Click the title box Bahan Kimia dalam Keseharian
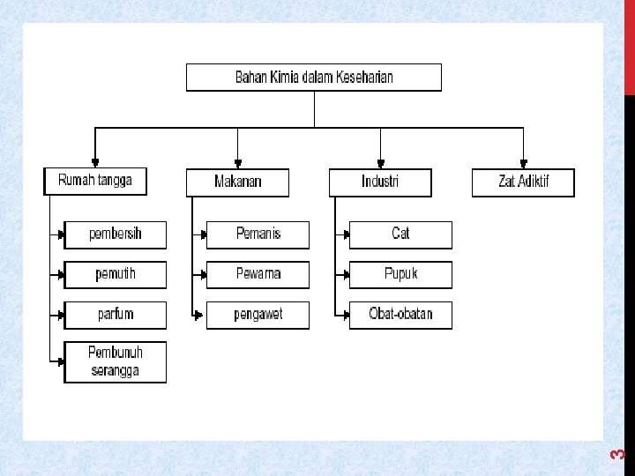pos(313,77)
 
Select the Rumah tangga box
pos(95,181)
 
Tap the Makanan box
pos(237,182)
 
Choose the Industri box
pos(380,182)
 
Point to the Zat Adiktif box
pos(523,182)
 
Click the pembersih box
pos(115,234)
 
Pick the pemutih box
pos(115,274)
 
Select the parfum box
pos(115,315)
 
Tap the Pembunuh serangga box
pos(115,361)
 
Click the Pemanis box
pos(258,234)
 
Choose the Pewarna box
pos(258,274)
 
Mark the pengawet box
pos(258,315)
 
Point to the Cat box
pos(400,234)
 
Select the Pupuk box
pos(400,274)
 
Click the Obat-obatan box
pos(400,315)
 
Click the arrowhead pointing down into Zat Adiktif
pos(523,163)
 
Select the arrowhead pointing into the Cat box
pos(346,234)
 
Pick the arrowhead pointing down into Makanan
pos(237,163)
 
